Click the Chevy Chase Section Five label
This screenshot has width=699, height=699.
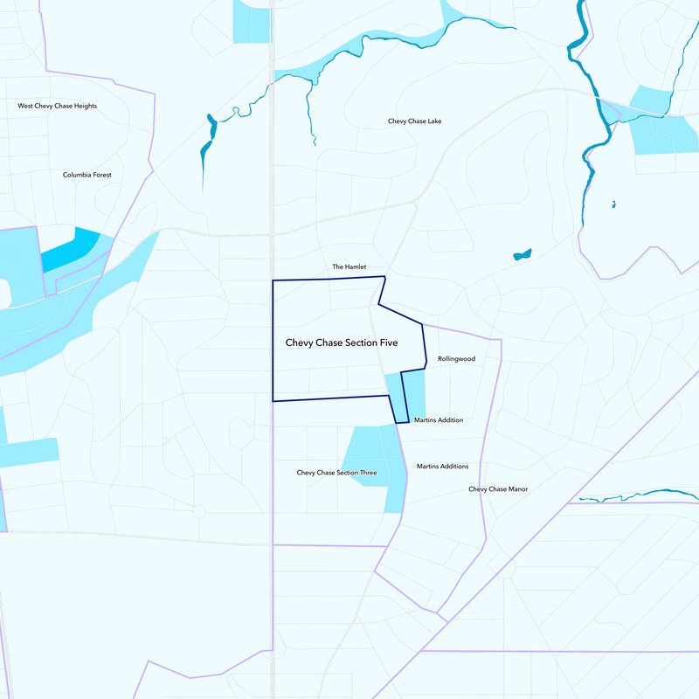(x=341, y=343)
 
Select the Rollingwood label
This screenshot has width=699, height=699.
(x=456, y=359)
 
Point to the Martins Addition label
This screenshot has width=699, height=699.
(x=439, y=420)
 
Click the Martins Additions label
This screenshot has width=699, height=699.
(x=442, y=467)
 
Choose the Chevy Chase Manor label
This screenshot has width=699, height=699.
(x=498, y=489)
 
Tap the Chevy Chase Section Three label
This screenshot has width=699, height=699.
(x=336, y=473)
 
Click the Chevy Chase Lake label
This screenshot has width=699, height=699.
(x=414, y=121)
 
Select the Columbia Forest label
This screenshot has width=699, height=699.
(x=87, y=175)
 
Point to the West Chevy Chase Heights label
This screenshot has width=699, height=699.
(x=58, y=106)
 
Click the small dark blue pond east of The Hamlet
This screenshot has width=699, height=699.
(x=523, y=255)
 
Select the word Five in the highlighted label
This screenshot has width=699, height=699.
(x=387, y=343)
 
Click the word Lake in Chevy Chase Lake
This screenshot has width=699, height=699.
(x=433, y=121)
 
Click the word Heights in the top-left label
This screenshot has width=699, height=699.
(x=85, y=106)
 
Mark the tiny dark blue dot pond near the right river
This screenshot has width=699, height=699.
(x=613, y=204)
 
